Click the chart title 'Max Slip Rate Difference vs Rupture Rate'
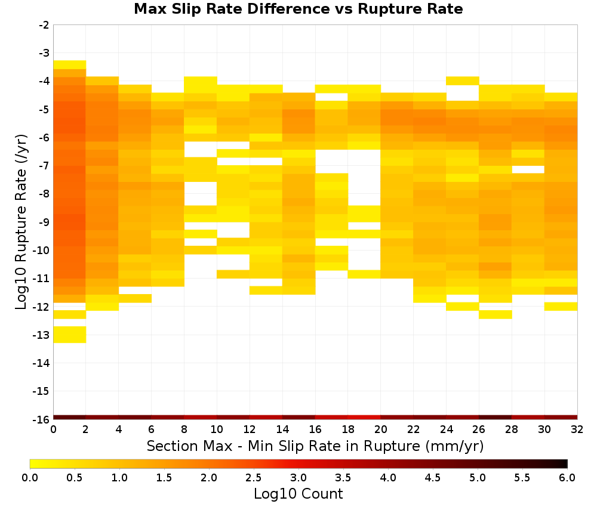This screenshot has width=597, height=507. (x=298, y=9)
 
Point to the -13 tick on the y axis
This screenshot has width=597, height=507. (x=44, y=335)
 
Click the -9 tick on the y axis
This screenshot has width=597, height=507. (x=44, y=222)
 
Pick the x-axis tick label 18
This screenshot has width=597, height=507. (x=347, y=430)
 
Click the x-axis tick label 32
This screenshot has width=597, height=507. (x=577, y=430)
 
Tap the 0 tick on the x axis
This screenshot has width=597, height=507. (x=53, y=430)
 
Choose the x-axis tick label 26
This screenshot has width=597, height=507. (x=479, y=430)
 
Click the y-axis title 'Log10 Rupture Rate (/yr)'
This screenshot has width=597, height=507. (x=21, y=222)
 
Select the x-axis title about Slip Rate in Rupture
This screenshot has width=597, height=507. (x=315, y=446)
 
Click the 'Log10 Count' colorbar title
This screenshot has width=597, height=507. (x=298, y=494)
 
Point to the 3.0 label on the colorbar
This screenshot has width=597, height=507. (x=298, y=478)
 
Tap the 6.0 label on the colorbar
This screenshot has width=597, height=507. (x=567, y=478)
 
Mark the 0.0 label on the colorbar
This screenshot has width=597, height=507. (x=30, y=478)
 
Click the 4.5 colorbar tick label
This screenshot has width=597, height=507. (x=432, y=478)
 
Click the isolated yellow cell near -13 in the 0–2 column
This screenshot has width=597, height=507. (x=70, y=335)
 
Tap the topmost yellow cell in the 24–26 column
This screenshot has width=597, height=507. (x=463, y=81)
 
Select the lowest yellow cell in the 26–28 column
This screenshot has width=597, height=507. (x=496, y=314)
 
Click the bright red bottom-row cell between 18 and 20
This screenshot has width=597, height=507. (x=364, y=418)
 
